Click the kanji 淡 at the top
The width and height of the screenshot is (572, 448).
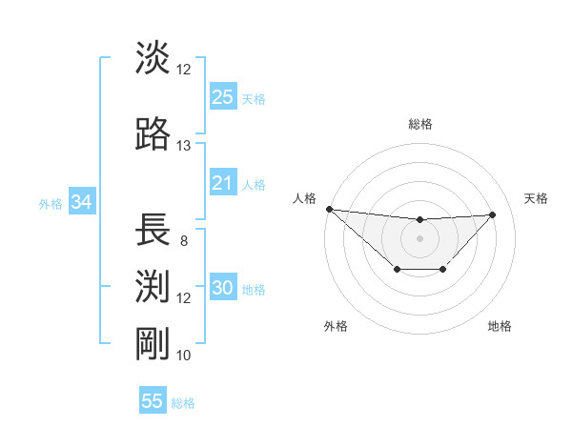pyautogui.click(x=153, y=58)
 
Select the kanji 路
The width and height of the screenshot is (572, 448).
pyautogui.click(x=153, y=134)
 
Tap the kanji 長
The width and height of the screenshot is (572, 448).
pyautogui.click(x=153, y=230)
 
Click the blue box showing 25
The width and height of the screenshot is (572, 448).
pyautogui.click(x=222, y=96)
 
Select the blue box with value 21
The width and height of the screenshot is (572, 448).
pyautogui.click(x=222, y=183)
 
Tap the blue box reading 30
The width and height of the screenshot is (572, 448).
pyautogui.click(x=222, y=288)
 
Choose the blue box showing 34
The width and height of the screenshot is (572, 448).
pyautogui.click(x=82, y=202)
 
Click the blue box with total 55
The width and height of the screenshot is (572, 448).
pyautogui.click(x=153, y=401)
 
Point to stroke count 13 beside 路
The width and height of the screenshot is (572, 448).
pyautogui.click(x=183, y=146)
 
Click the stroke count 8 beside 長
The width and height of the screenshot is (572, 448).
pyautogui.click(x=183, y=241)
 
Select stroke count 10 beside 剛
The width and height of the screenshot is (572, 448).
pyautogui.click(x=183, y=356)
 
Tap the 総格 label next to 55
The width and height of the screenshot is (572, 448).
pyautogui.click(x=183, y=403)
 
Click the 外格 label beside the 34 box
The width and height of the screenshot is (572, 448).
pyautogui.click(x=51, y=203)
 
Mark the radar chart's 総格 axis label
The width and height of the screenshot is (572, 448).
pyautogui.click(x=419, y=124)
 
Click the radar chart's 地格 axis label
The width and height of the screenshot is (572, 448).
pyautogui.click(x=500, y=326)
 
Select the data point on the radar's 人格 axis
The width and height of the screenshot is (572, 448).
pyautogui.click(x=329, y=209)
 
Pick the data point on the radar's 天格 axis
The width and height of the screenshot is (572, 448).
pyautogui.click(x=492, y=214)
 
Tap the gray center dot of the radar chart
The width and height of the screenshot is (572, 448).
pyautogui.click(x=419, y=237)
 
